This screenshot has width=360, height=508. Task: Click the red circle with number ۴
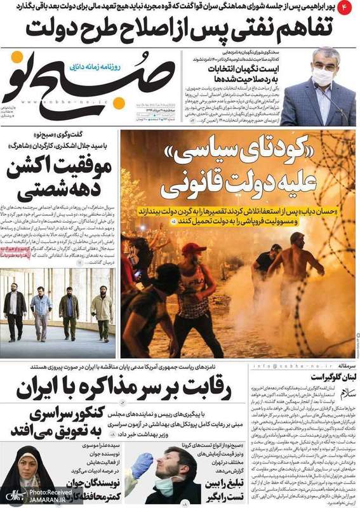coord(348,8)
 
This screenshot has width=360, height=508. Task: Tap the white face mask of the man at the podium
coord(323,77)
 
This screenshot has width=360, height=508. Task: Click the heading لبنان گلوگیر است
coord(330,378)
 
